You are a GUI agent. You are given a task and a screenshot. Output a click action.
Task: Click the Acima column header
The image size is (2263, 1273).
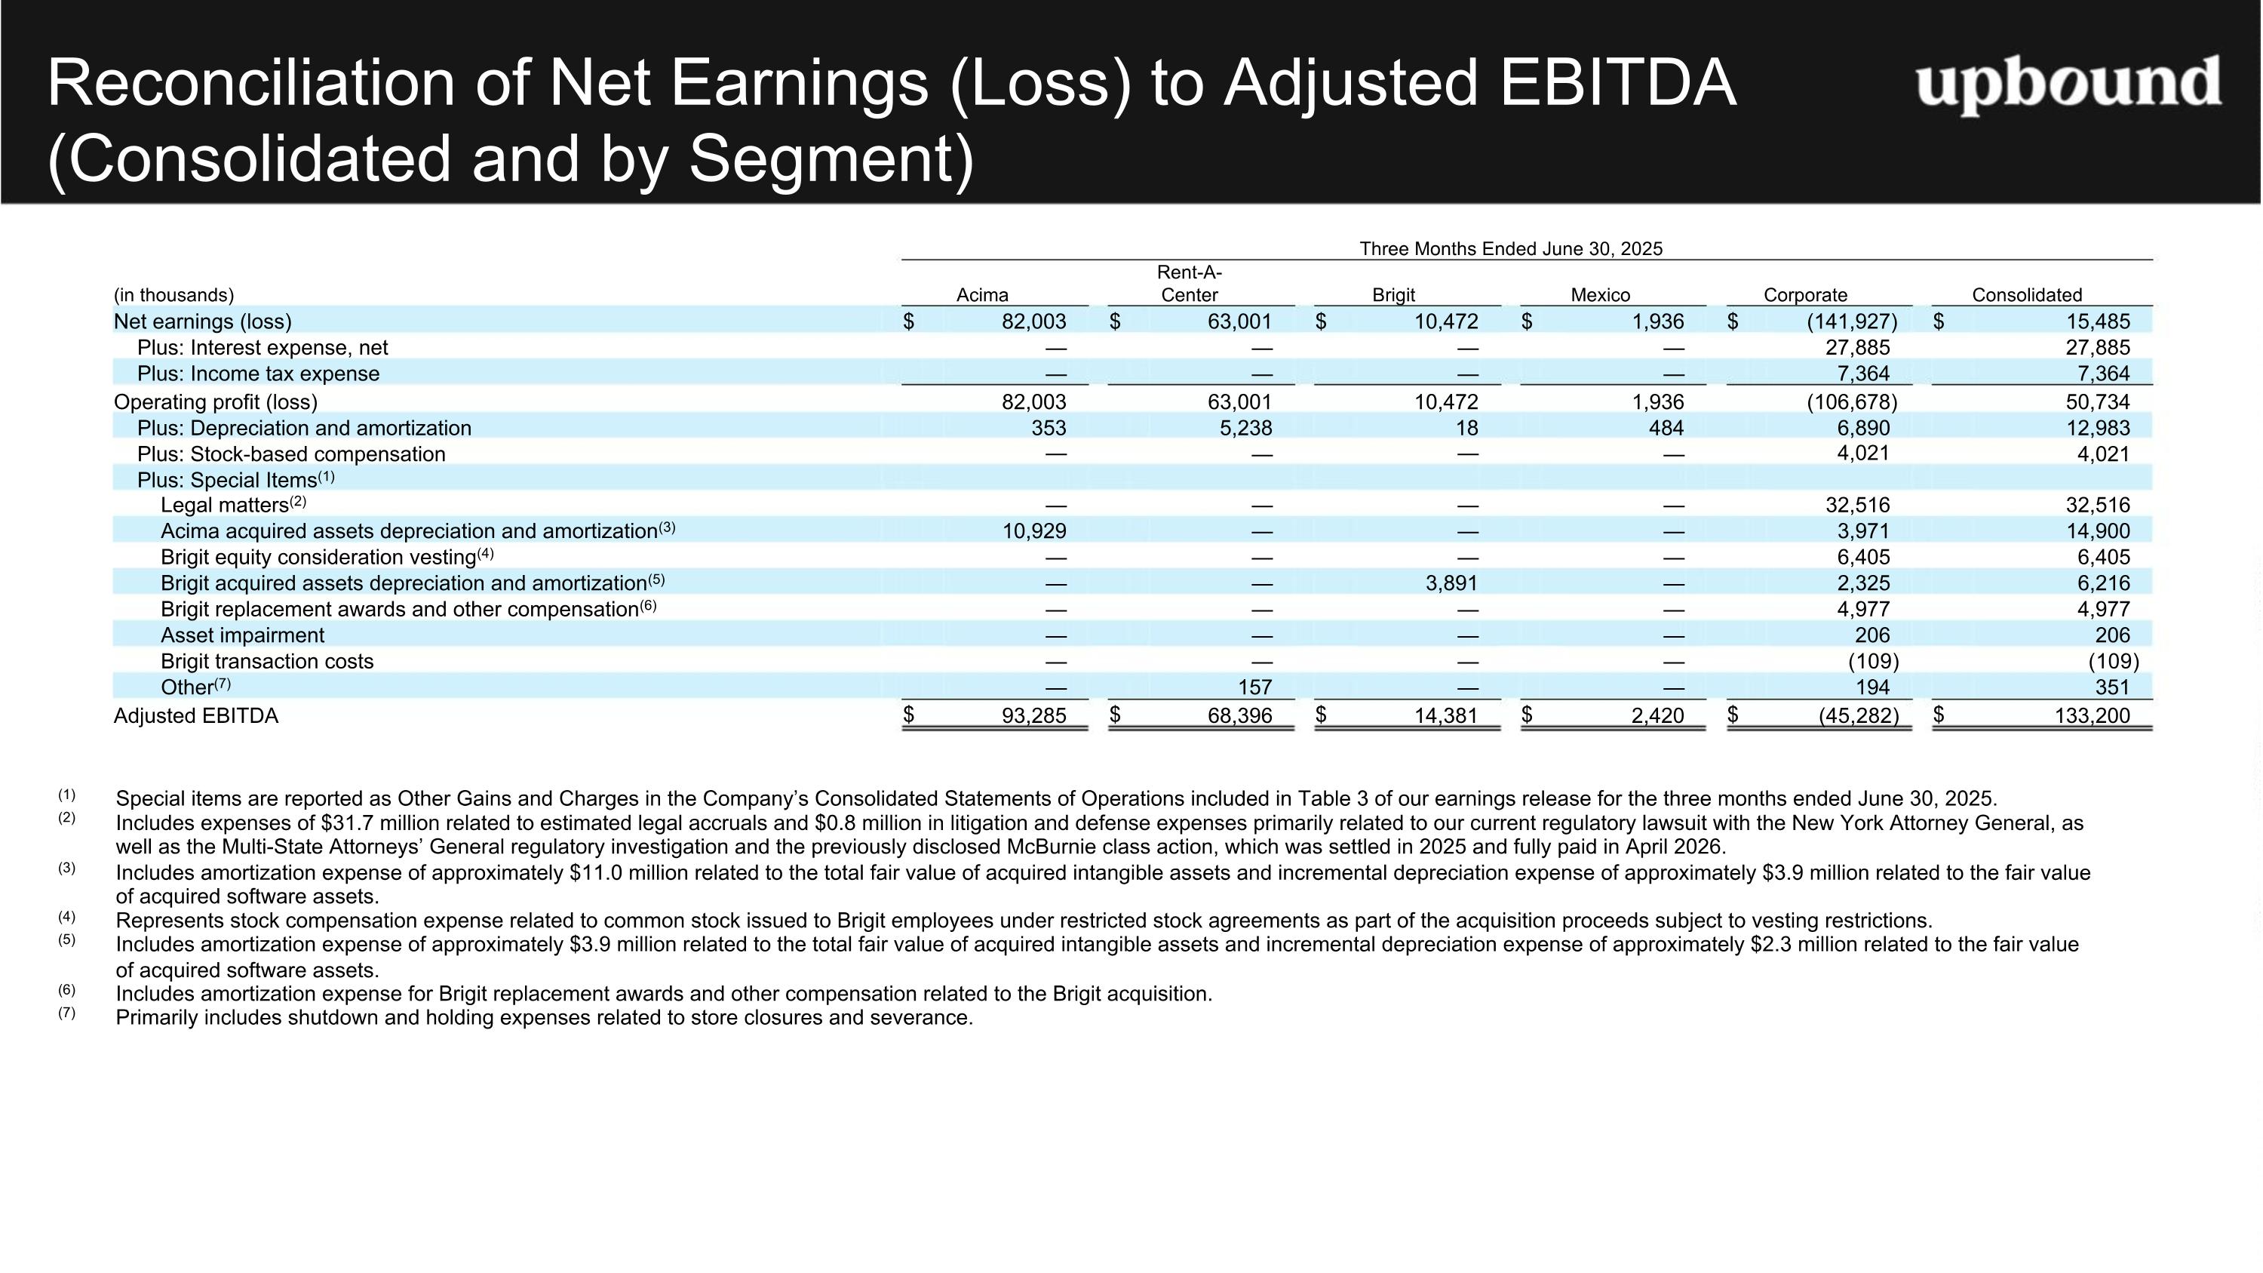coord(982,295)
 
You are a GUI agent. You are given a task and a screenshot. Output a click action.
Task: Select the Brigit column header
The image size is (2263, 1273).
coord(1393,295)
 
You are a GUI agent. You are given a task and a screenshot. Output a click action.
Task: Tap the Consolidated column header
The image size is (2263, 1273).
coord(2027,295)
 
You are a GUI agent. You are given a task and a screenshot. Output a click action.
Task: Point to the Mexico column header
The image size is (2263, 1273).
coord(1600,295)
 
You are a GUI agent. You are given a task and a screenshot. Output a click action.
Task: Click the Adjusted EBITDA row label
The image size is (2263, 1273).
coord(196,716)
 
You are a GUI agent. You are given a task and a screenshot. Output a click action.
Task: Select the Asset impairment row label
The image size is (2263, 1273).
coord(242,635)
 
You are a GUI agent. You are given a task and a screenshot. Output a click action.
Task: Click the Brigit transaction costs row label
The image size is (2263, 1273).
coord(267,662)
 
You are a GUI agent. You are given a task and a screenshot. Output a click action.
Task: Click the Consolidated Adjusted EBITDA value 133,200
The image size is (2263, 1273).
coord(2092,716)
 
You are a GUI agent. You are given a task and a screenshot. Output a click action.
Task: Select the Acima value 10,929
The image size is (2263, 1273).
coord(1034,531)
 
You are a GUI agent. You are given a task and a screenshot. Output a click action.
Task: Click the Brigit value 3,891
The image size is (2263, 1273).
coord(1451,583)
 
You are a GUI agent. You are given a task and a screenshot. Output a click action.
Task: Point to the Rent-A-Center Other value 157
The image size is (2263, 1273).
coord(1254,687)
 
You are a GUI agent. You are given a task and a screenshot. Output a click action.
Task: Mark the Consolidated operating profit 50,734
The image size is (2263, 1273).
coord(2098,402)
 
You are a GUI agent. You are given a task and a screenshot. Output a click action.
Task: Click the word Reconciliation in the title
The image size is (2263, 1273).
coord(252,84)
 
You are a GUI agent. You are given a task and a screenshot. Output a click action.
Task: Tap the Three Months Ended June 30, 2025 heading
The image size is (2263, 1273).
coord(1511,248)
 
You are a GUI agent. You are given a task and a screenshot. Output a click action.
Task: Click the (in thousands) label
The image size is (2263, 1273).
coord(174,295)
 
